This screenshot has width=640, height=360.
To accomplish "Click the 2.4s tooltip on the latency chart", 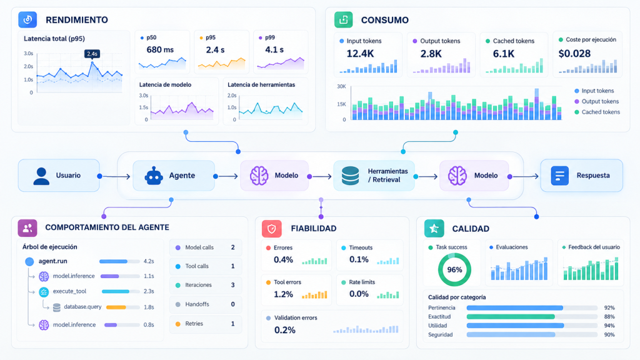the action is point(92,54).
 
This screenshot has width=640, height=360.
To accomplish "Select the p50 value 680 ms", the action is point(160,50).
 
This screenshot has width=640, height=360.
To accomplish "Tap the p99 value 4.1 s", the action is point(274,50).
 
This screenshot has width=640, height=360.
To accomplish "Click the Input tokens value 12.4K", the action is point(360,54).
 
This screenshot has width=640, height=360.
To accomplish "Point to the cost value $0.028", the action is point(574,54).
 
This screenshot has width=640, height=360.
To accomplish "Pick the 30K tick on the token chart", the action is point(341,86).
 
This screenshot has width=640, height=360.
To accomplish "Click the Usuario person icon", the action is point(41,176).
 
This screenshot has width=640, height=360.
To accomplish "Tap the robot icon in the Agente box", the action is point(154,176).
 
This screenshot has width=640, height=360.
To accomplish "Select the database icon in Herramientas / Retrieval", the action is point(350,176).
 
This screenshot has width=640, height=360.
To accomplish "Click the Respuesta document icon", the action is point(559,176).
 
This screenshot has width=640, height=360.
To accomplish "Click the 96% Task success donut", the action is point(454,269).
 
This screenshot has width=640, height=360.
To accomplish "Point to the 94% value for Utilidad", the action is point(609,326).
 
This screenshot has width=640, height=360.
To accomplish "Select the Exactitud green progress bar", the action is point(511,317).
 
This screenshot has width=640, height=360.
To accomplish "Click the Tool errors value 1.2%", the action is point(283,294).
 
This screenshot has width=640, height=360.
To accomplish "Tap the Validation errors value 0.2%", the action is point(284,330).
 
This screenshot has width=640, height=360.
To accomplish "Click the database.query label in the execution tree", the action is point(82,306).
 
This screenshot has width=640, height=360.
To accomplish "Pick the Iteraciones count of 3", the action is point(233,285).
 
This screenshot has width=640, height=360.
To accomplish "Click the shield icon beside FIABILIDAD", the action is point(271,229).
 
